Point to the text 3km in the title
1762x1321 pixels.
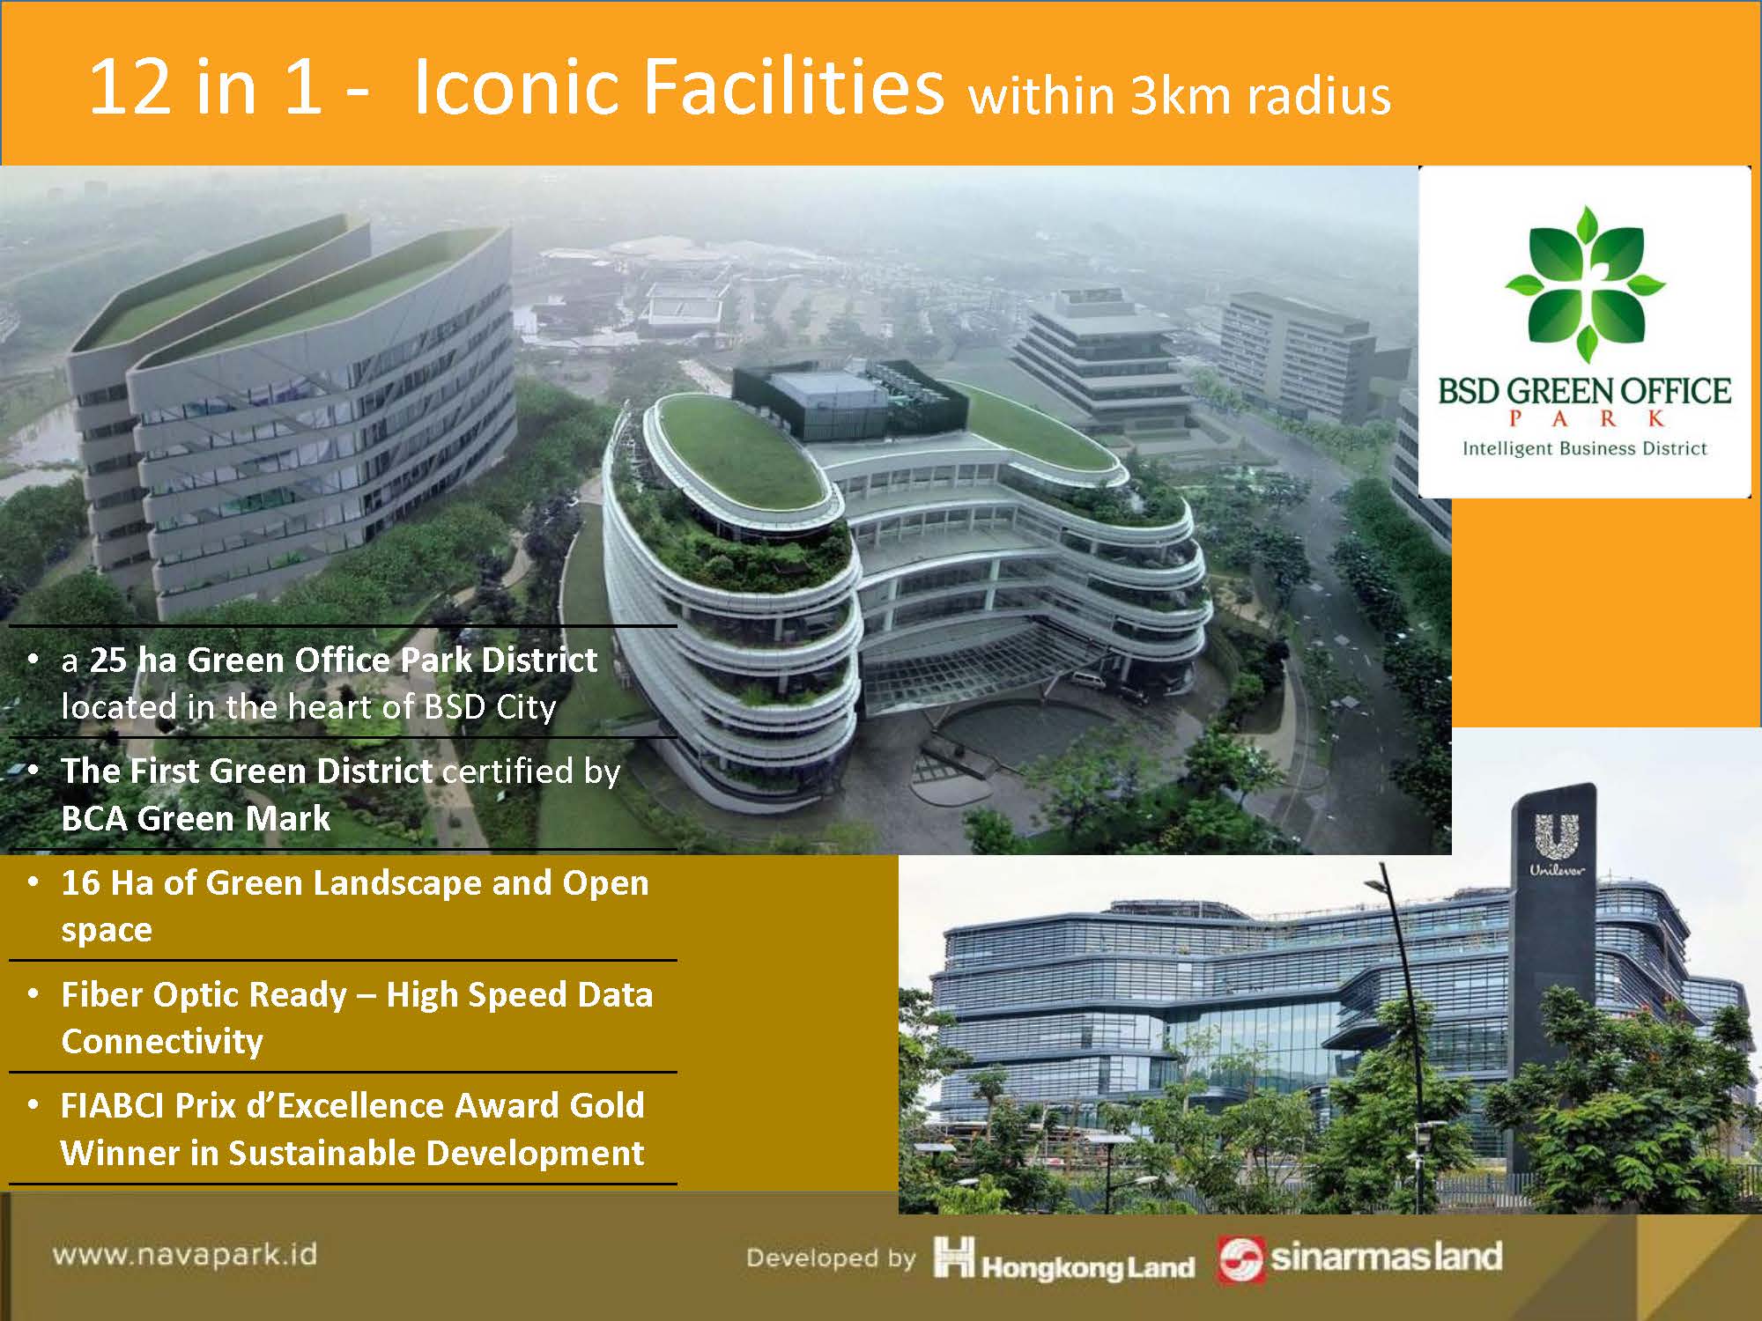pyautogui.click(x=1181, y=96)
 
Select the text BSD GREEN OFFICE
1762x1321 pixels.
pyautogui.click(x=1585, y=391)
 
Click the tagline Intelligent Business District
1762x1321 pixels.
pyautogui.click(x=1585, y=449)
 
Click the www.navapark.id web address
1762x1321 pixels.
pyautogui.click(x=184, y=1254)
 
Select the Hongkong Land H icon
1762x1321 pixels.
pyautogui.click(x=954, y=1258)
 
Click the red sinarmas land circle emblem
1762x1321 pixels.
pyautogui.click(x=1240, y=1260)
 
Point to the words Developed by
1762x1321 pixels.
pyautogui.click(x=831, y=1258)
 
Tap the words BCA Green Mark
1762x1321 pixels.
pyautogui.click(x=196, y=818)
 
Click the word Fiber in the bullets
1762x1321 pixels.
pyautogui.click(x=103, y=994)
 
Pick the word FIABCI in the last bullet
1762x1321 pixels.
pyautogui.click(x=113, y=1105)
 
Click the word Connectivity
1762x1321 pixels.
pyautogui.click(x=162, y=1041)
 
